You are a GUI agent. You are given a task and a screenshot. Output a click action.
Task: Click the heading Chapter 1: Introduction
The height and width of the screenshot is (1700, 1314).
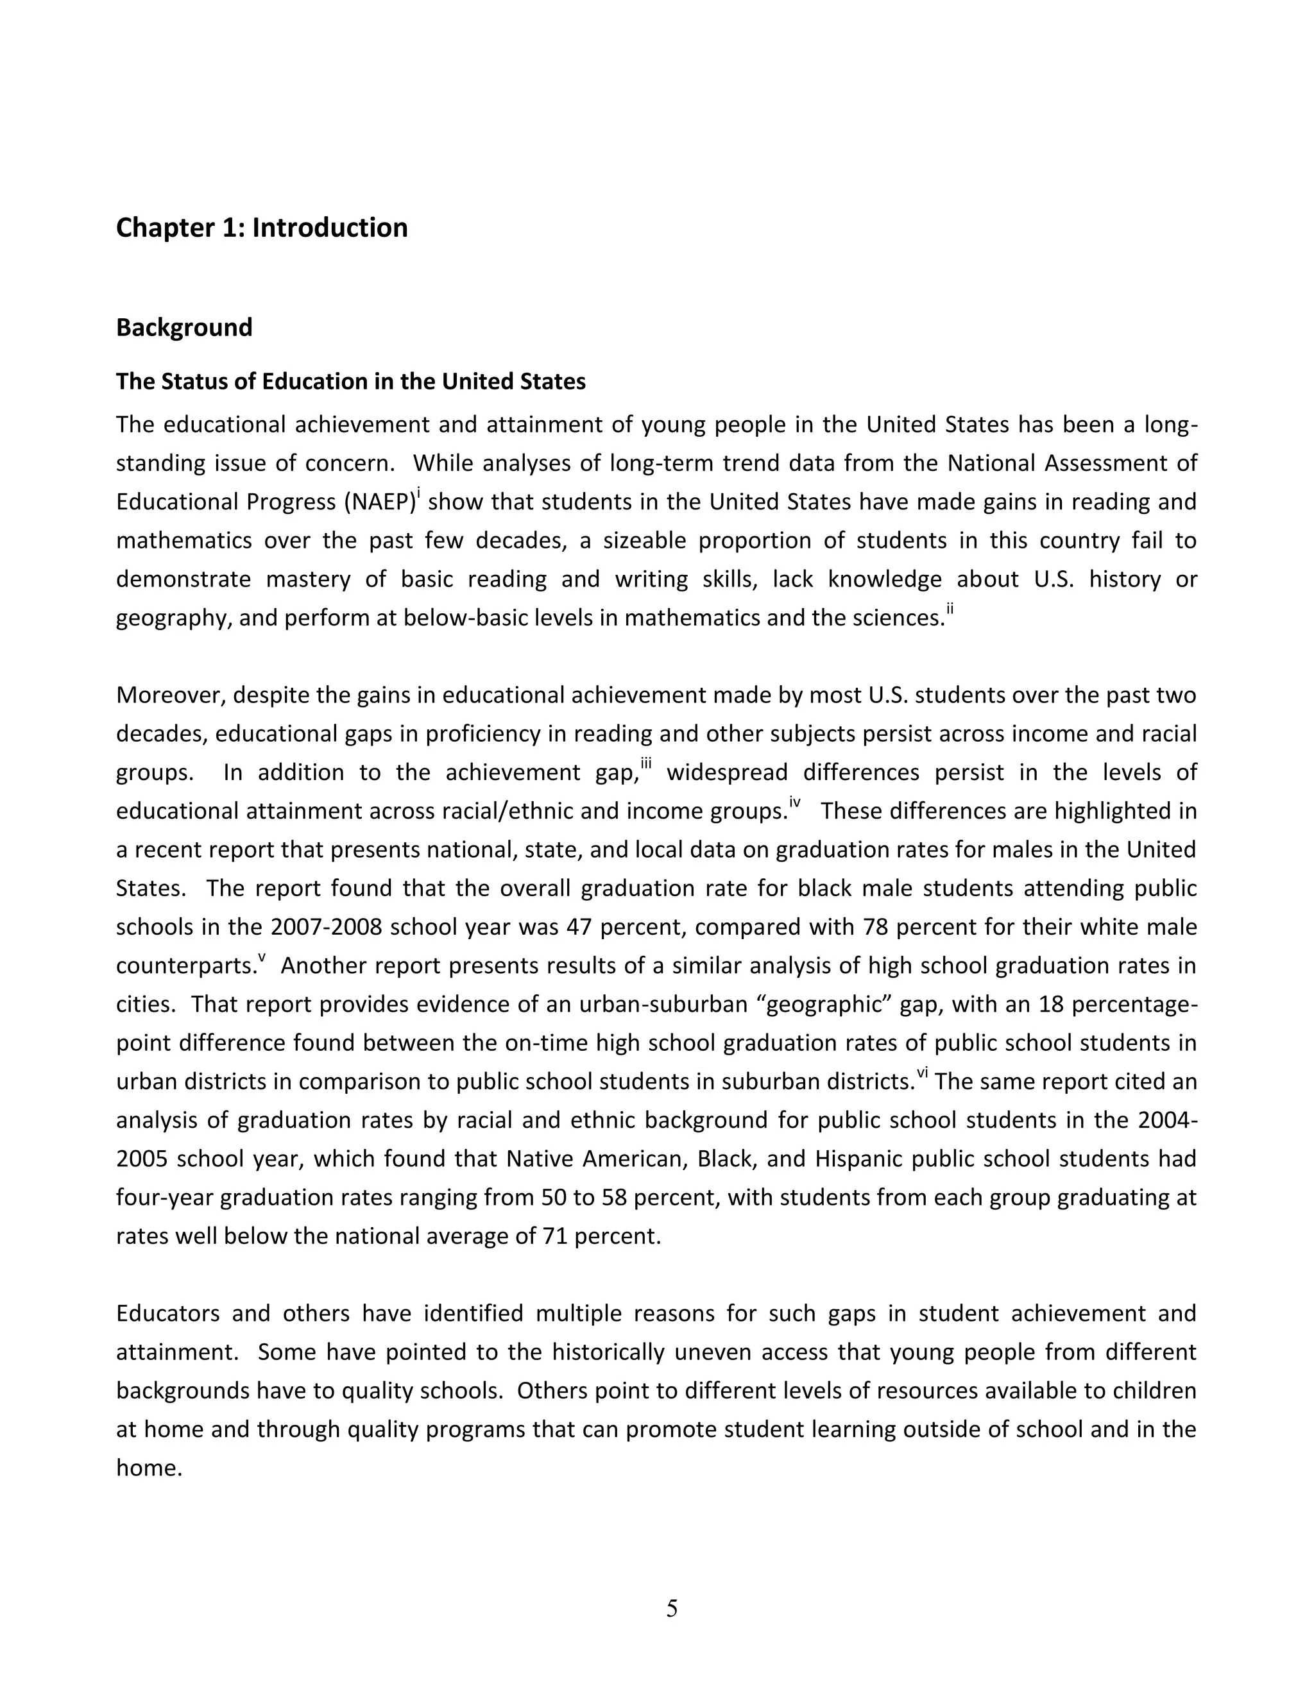click(262, 228)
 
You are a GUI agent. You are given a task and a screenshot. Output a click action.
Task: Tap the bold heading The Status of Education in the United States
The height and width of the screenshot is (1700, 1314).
click(350, 382)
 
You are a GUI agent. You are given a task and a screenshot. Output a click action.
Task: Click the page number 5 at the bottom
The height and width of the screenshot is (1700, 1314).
click(672, 1608)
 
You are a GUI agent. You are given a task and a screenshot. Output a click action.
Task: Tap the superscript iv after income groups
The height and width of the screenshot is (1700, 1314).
click(794, 803)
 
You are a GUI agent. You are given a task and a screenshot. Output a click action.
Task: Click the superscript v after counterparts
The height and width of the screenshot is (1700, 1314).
click(262, 958)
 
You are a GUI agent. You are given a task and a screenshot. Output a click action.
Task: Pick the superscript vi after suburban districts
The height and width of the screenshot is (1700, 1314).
click(922, 1074)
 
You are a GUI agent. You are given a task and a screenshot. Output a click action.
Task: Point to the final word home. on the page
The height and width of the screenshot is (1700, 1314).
click(149, 1468)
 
